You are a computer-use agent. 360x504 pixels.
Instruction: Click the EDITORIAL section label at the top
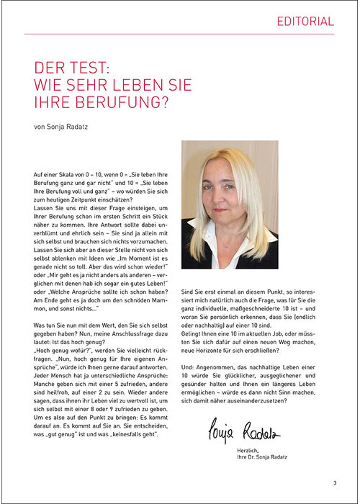(x=305, y=22)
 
